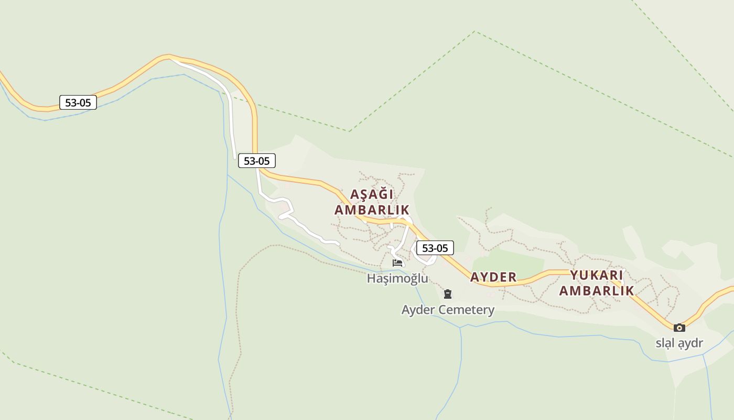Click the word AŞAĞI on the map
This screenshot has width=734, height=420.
click(372, 194)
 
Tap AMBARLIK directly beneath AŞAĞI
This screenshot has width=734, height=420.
click(372, 210)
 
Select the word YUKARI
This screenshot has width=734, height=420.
click(597, 275)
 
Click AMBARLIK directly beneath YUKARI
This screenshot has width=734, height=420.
click(597, 290)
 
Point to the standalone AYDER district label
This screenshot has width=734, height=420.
click(493, 277)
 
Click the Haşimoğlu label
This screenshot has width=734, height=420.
click(397, 278)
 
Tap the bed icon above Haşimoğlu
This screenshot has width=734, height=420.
click(397, 263)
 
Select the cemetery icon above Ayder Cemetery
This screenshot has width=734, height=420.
click(448, 294)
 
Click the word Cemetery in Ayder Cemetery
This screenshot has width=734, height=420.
click(466, 310)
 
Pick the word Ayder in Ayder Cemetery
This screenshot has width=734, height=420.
click(418, 310)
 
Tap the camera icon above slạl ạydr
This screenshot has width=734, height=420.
click(679, 328)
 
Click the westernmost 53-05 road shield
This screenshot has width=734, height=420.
click(78, 102)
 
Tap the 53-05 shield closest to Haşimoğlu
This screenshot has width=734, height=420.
click(435, 248)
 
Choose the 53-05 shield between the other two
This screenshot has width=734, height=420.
click(257, 161)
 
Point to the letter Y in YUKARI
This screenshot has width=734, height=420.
click(574, 275)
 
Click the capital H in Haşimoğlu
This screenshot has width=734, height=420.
click(371, 278)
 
